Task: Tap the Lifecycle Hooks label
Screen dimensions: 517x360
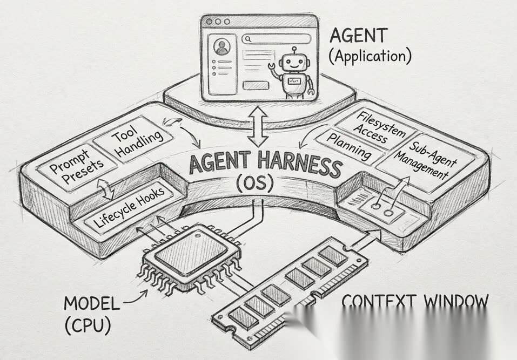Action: pos(130,208)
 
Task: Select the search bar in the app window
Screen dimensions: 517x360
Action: pos(277,39)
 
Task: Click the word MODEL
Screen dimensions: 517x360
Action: pos(91,303)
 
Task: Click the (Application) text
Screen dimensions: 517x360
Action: pos(370,55)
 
